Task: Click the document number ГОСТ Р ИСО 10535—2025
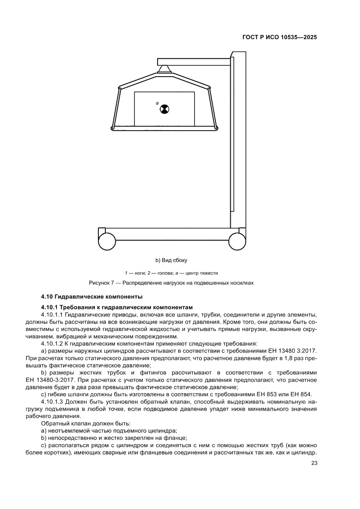coord(279,37)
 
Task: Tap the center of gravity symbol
coord(164,109)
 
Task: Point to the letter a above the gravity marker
coord(157,103)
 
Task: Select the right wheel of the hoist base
coord(237,240)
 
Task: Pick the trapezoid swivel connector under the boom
coord(165,68)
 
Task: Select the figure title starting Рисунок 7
coord(171,283)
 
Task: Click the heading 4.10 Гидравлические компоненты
coord(91,297)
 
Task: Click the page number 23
coord(314,463)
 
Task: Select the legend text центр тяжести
coord(202,273)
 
